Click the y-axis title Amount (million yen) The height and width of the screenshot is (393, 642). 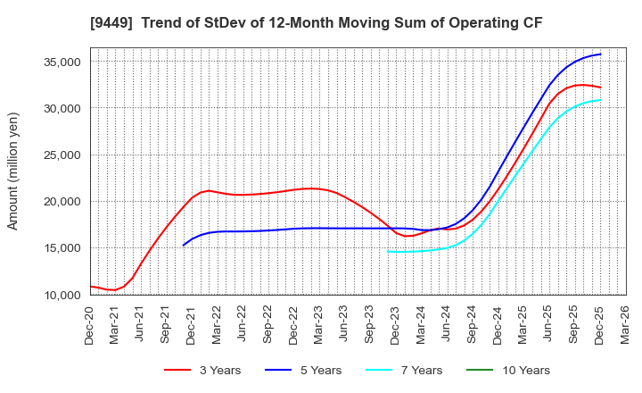point(12,171)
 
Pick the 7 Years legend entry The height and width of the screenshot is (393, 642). point(416,370)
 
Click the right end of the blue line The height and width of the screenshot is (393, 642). point(600,54)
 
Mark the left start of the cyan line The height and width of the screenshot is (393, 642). point(388,251)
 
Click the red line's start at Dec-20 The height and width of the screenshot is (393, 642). point(91,287)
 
